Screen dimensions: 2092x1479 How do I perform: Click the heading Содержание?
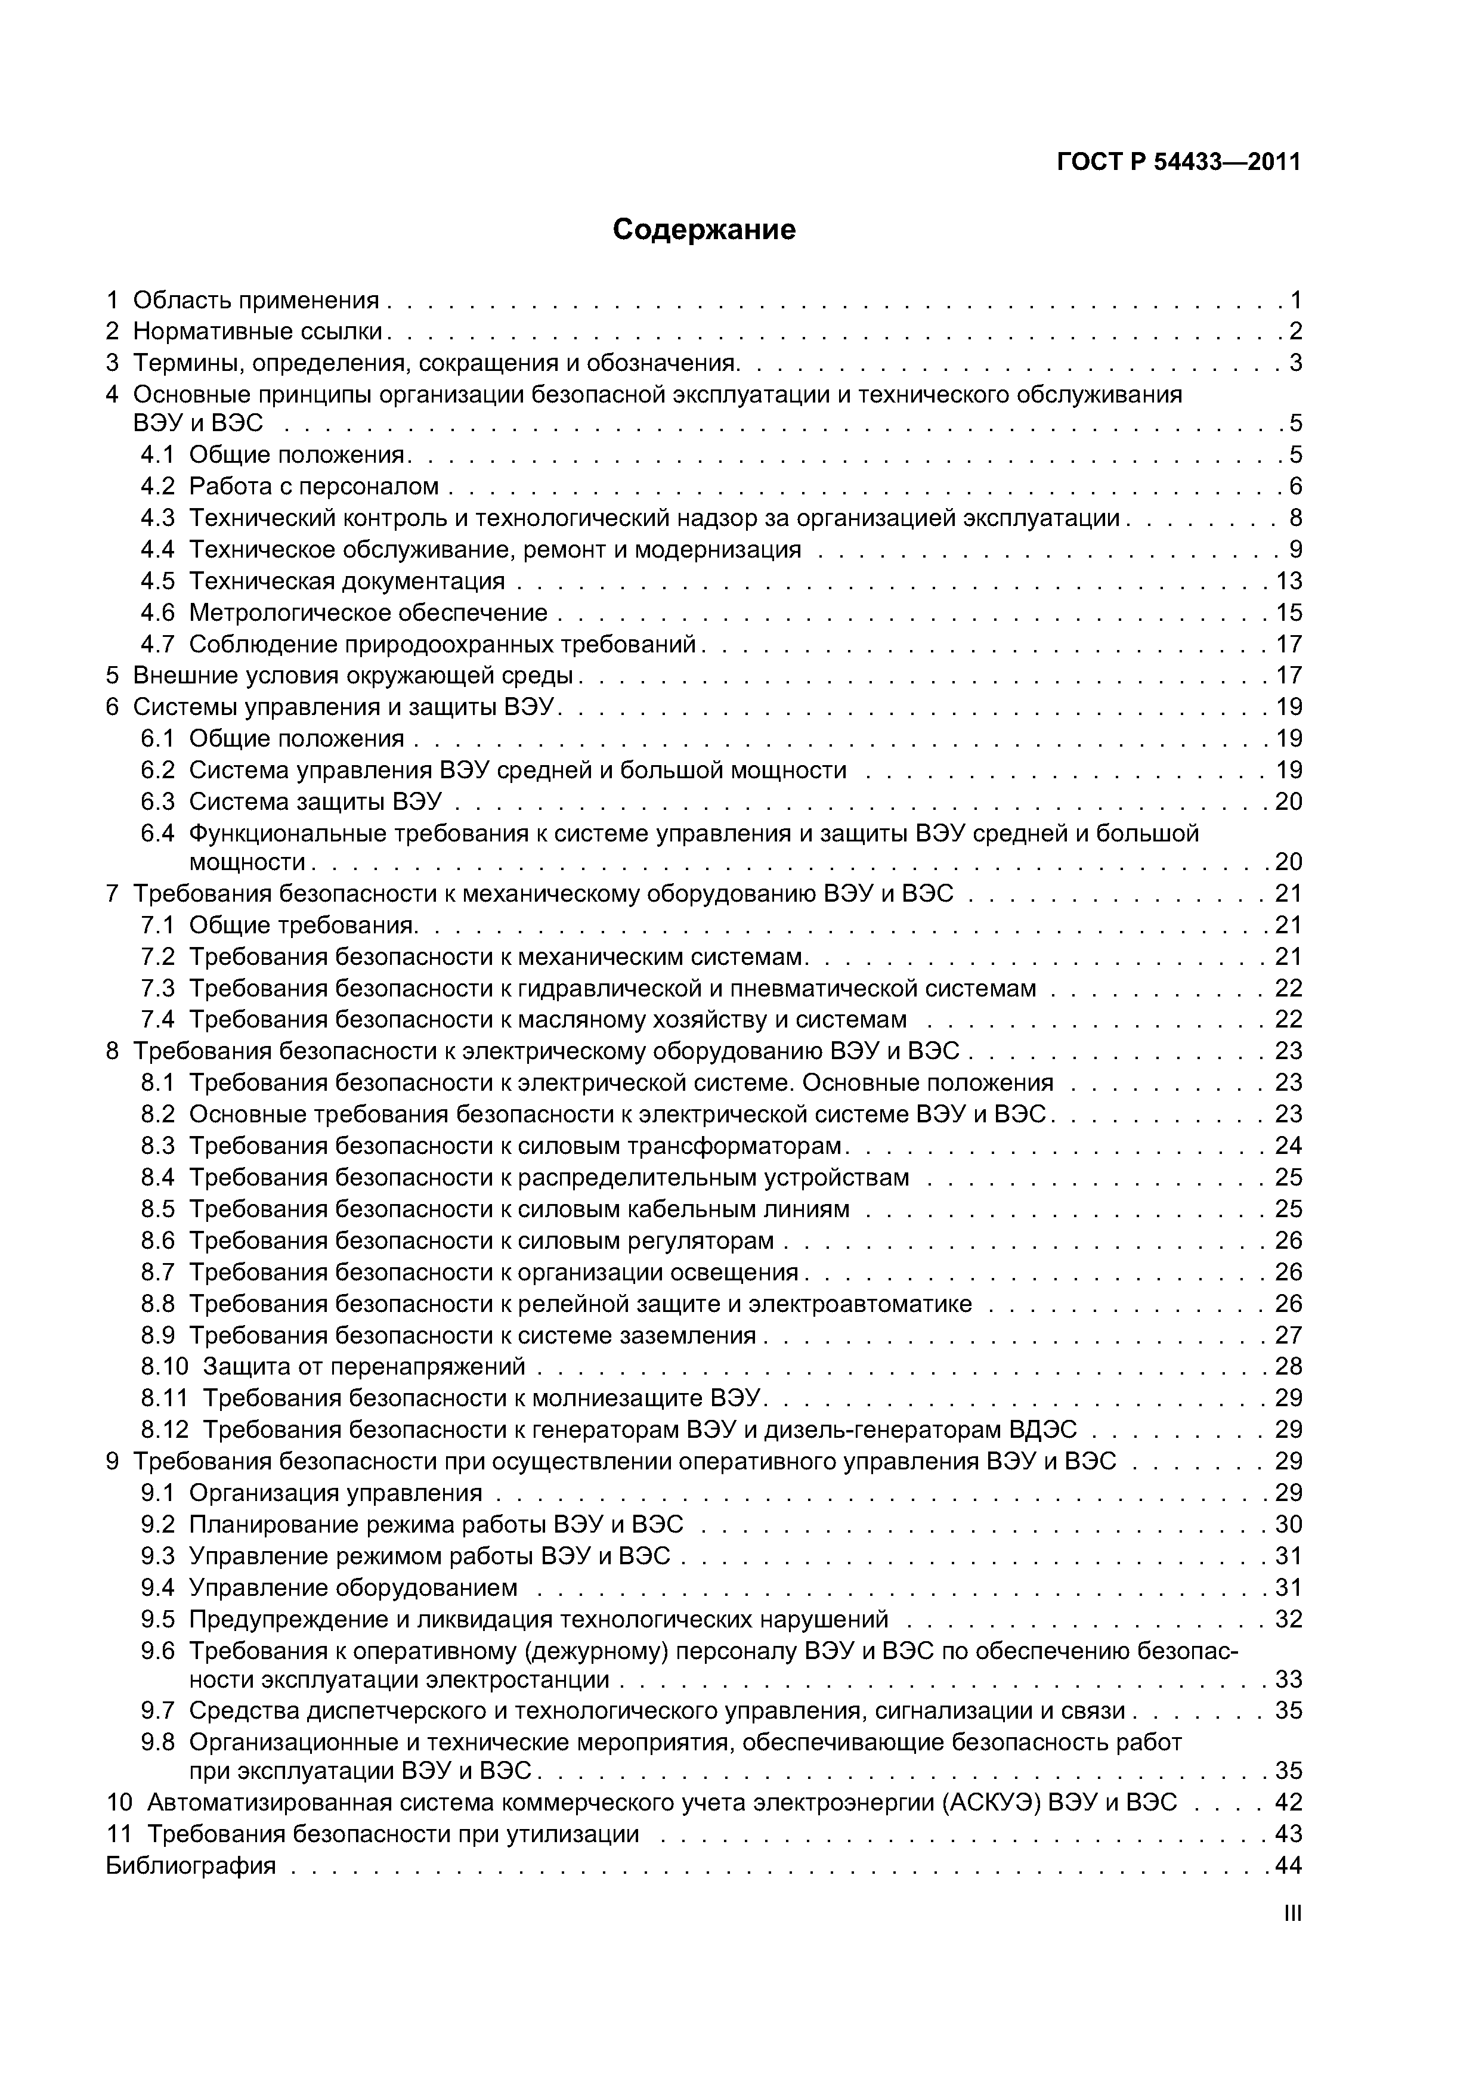[704, 230]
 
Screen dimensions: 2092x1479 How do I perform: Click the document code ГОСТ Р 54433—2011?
[1178, 162]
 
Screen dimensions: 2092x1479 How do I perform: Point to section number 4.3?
[157, 518]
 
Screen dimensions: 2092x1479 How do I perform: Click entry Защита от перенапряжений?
[364, 1366]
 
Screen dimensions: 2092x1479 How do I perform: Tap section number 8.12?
[164, 1429]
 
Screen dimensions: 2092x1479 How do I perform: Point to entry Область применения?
[255, 300]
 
